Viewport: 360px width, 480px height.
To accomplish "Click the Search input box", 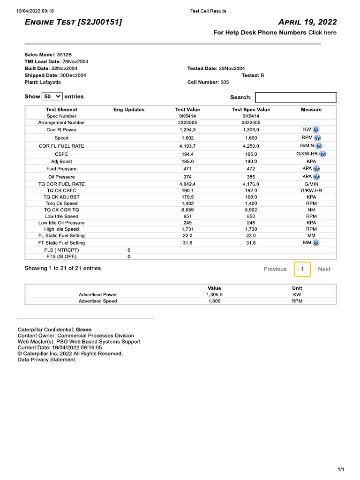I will click(x=295, y=97).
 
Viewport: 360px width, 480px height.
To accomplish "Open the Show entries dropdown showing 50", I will click(x=52, y=96).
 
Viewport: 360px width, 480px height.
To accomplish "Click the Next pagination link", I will click(x=324, y=269).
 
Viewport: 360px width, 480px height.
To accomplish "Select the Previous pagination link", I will click(x=275, y=269).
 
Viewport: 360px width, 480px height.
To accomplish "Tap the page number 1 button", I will click(x=302, y=269).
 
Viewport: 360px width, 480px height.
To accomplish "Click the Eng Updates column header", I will click(x=129, y=110).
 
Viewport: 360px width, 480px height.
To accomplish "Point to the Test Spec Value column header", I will click(x=251, y=110).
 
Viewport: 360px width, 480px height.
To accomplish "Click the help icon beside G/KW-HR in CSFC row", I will click(x=323, y=154).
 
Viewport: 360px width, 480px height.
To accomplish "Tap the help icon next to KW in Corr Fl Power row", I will click(x=316, y=129).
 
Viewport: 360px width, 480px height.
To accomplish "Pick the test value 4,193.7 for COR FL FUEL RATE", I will click(x=187, y=146).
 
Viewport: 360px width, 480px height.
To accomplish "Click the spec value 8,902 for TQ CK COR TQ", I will click(x=251, y=210).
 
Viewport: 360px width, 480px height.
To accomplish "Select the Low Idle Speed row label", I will click(x=61, y=217).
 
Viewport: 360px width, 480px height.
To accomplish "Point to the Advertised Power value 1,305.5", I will click(x=214, y=295).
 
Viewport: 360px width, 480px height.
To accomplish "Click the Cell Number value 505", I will click(x=225, y=82).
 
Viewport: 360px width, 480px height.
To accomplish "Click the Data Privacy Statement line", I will click(x=46, y=360).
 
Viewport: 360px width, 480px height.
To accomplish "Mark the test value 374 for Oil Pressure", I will click(x=187, y=177).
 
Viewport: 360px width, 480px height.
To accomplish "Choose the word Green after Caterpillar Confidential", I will click(x=84, y=330).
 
